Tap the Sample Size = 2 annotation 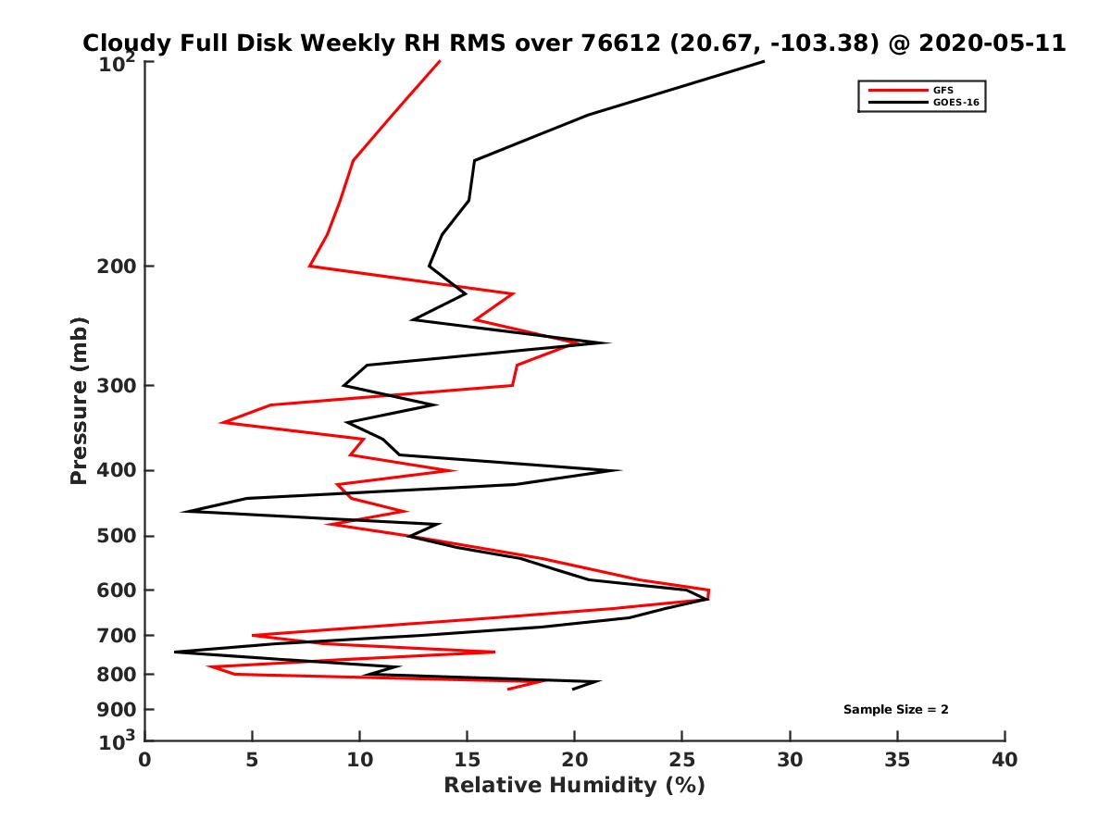tap(895, 710)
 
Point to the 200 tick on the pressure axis tap(118, 267)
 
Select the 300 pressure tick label tap(118, 386)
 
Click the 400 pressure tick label tap(118, 470)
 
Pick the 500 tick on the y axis tap(118, 536)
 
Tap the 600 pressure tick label tap(118, 590)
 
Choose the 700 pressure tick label tap(118, 635)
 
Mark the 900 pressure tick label tap(118, 710)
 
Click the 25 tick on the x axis tap(682, 760)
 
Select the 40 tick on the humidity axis tap(1005, 760)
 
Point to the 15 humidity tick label tap(467, 760)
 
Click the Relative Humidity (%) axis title tap(574, 786)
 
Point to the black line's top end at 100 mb tap(764, 61)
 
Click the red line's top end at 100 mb tap(440, 61)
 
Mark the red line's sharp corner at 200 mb tap(310, 267)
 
